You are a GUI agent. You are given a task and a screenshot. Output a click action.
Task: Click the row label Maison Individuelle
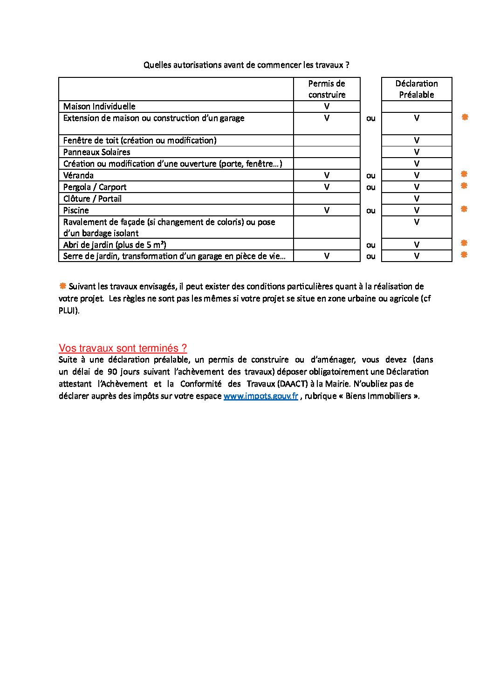pos(99,106)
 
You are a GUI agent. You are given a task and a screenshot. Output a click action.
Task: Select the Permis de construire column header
pos(327,89)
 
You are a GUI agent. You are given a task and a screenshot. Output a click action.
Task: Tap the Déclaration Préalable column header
pos(417,89)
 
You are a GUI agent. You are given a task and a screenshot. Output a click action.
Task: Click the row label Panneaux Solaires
pos(96,152)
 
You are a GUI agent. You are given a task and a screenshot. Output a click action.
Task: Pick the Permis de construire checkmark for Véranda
pos(327,175)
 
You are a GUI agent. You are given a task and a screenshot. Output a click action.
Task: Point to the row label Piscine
pos(76,210)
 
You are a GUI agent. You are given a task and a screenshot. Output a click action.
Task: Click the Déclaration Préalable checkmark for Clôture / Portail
pos(417,199)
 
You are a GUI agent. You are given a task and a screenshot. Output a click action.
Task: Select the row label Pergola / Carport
pos(95,187)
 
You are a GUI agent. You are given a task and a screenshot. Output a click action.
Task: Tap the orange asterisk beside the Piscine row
pos(464,209)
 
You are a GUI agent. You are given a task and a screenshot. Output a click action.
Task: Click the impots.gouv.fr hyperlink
pos(260,396)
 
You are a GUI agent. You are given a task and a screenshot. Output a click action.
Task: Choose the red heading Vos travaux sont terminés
pos(123,348)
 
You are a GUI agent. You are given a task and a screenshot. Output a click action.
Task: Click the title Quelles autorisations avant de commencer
pos(246,65)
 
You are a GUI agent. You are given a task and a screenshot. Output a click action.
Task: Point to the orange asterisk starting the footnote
pos(62,286)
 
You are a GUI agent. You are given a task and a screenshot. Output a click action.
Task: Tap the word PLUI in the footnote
pos(68,311)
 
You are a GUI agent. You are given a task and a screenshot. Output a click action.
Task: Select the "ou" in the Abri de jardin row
pos(371,245)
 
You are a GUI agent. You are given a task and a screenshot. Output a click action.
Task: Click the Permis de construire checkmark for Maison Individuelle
pos(327,106)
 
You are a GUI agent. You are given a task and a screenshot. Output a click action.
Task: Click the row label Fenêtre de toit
pos(140,140)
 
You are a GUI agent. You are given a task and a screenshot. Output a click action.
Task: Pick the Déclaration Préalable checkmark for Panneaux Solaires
pos(417,152)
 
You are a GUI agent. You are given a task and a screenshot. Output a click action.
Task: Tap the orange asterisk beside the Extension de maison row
pos(465,117)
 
